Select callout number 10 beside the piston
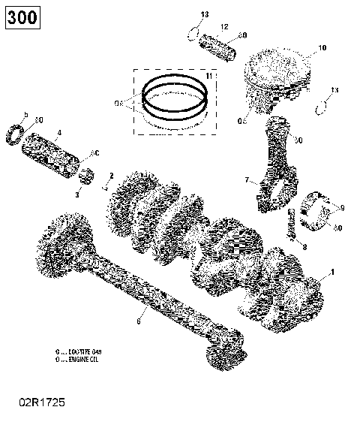(322, 48)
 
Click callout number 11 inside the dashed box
(208, 77)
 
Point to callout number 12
(223, 27)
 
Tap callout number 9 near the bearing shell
(342, 207)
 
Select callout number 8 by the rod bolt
(304, 246)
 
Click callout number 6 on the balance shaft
(137, 321)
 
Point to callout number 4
(59, 133)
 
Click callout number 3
(77, 194)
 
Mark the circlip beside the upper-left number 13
(196, 32)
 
